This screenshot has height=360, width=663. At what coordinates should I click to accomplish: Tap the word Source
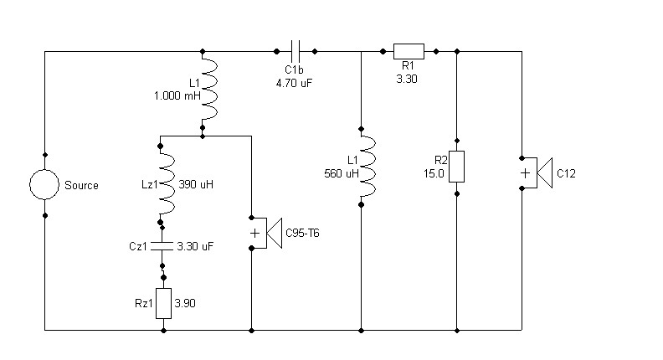[x=81, y=185]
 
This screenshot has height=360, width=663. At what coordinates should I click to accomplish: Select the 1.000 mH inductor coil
[x=210, y=89]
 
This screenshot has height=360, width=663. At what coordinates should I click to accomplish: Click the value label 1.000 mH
[x=177, y=95]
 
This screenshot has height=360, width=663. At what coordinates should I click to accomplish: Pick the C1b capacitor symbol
[x=296, y=52]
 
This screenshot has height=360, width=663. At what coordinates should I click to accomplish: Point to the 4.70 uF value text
[x=294, y=83]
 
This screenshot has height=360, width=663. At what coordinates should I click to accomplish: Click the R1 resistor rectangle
[x=409, y=51]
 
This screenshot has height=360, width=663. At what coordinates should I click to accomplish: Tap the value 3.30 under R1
[x=407, y=79]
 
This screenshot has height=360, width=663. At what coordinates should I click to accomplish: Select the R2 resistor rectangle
[x=457, y=167]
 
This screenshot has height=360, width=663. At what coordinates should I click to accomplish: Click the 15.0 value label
[x=434, y=173]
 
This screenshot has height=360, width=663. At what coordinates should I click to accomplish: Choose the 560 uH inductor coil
[x=368, y=167]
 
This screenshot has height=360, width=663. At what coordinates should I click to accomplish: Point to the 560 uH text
[x=342, y=173]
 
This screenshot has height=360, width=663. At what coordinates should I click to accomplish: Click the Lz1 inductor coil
[x=167, y=184]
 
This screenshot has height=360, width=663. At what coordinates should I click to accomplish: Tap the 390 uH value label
[x=196, y=184]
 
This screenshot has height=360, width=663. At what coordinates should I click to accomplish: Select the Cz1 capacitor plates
[x=162, y=246]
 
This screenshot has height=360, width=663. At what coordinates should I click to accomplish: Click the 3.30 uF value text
[x=195, y=246]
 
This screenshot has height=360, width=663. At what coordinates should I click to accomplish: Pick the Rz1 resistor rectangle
[x=163, y=303]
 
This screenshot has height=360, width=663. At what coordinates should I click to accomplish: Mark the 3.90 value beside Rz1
[x=185, y=303]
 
